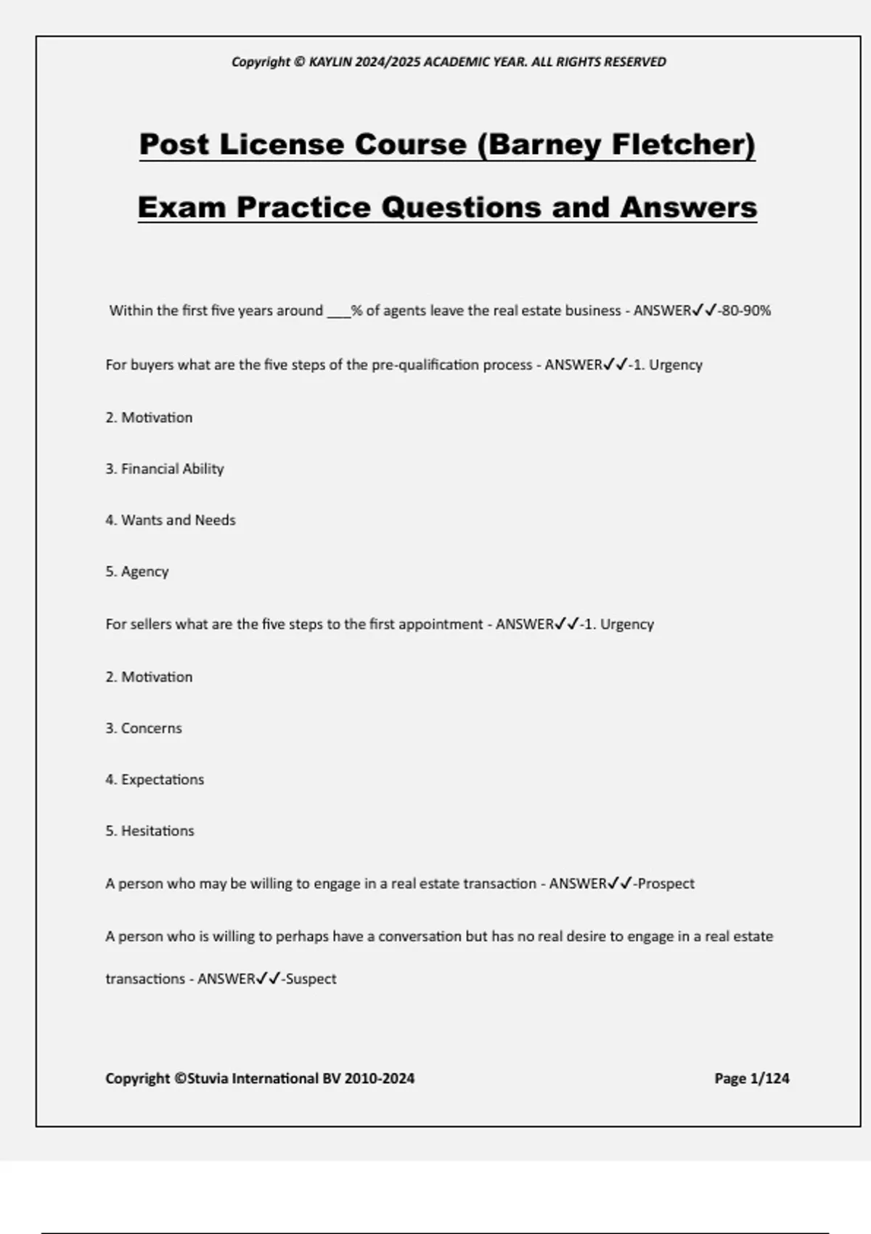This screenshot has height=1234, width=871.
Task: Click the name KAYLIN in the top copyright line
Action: pos(330,62)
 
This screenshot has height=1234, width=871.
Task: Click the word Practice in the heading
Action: pos(303,207)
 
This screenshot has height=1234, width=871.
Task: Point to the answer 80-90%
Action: pos(746,311)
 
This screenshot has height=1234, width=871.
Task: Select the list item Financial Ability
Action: pos(172,469)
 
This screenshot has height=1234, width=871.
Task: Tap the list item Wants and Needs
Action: pos(178,520)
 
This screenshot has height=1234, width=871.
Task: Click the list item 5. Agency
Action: pos(137,572)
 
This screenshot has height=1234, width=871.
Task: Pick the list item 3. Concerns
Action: pos(144,728)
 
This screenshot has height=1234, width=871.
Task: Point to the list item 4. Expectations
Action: pos(155,780)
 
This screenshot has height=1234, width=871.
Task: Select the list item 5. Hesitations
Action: pos(150,831)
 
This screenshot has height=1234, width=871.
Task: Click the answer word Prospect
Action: pos(666,884)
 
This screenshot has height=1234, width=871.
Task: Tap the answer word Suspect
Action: pos(311,979)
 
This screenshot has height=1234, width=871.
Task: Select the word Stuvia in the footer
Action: pos(209,1079)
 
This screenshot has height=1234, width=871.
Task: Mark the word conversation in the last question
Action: pos(420,936)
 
